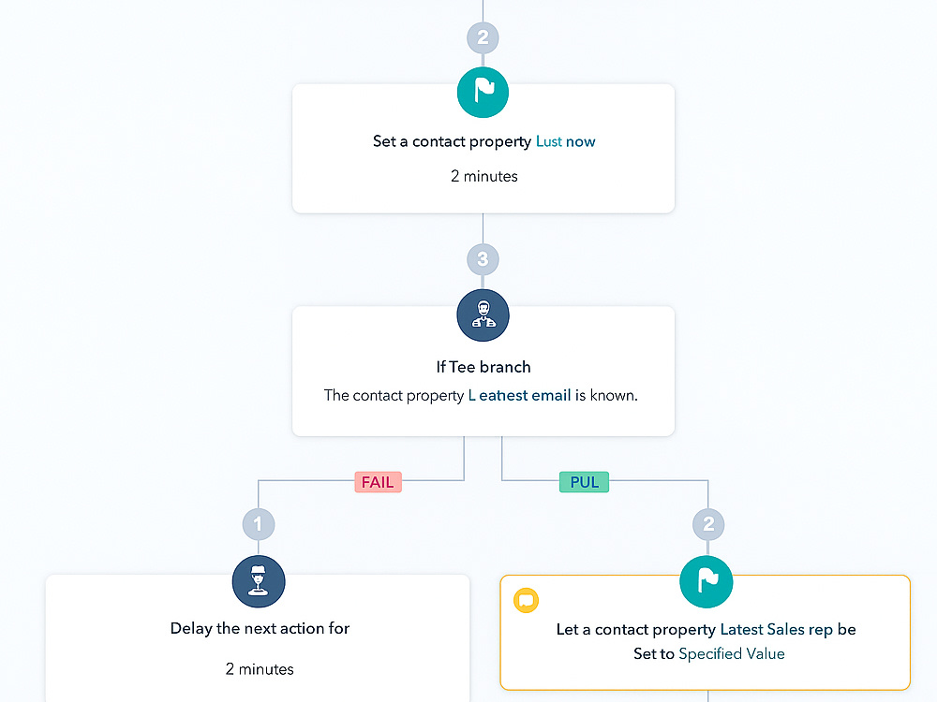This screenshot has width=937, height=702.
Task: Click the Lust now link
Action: (x=565, y=141)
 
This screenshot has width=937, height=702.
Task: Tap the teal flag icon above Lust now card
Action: (x=483, y=92)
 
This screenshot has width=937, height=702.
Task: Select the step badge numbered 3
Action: (x=483, y=259)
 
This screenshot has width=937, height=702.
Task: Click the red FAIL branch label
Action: (x=378, y=482)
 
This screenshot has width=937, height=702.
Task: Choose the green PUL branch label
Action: (x=584, y=482)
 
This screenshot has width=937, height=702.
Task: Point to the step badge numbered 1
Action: (x=259, y=524)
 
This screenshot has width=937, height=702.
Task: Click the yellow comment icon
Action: (x=526, y=600)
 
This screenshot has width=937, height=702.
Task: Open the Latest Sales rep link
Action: (x=776, y=629)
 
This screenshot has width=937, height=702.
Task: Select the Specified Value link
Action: (x=732, y=653)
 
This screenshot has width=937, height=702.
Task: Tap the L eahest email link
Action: (x=519, y=395)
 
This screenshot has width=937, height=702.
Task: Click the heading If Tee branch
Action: (x=483, y=367)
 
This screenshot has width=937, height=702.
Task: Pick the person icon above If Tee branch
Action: (x=483, y=315)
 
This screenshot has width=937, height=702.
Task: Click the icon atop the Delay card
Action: (x=259, y=581)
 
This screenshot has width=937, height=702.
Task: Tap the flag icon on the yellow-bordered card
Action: (x=706, y=581)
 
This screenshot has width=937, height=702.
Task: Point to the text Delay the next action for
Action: (x=260, y=628)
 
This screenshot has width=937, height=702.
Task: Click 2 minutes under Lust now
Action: (x=484, y=176)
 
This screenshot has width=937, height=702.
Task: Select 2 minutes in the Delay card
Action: (x=260, y=669)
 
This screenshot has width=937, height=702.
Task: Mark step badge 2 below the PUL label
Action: (x=708, y=524)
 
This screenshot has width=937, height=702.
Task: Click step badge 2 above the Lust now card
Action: (x=483, y=37)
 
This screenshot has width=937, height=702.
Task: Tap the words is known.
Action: (x=606, y=395)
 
